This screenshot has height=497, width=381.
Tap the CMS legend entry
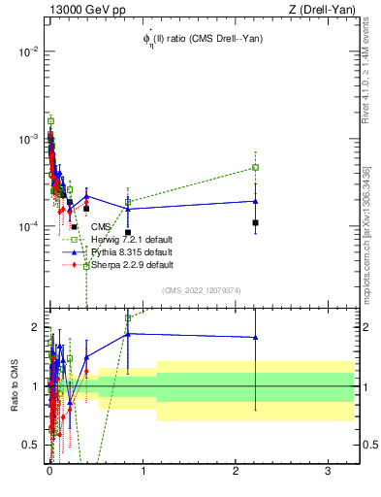[102, 227]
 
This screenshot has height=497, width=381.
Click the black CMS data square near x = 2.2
[255, 223]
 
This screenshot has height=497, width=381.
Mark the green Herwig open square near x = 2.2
[255, 167]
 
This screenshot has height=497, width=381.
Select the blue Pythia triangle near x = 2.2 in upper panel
[255, 201]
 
